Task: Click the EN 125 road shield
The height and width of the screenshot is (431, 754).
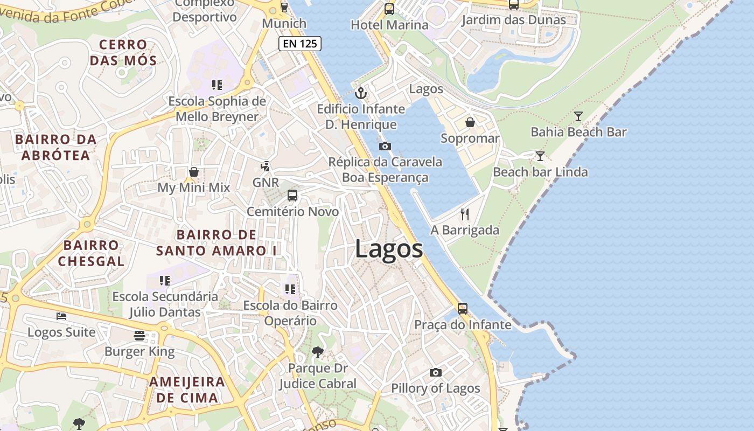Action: [x=300, y=44]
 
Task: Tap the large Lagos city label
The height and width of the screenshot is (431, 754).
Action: [x=389, y=249]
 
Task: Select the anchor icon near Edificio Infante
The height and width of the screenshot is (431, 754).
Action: [x=361, y=93]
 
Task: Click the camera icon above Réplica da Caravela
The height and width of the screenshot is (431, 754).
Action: [x=385, y=146]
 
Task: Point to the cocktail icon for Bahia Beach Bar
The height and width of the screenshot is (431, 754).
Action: [x=578, y=116]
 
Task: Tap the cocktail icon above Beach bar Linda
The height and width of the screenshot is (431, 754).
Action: [x=540, y=156]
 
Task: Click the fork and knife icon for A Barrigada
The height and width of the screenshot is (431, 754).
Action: [x=465, y=214]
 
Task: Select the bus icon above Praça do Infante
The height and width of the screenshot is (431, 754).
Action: [x=463, y=309]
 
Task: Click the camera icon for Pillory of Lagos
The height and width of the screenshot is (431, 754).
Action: [x=436, y=372]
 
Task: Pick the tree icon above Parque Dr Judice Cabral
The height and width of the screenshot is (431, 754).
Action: [x=318, y=352]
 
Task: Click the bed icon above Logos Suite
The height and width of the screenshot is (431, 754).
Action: [x=61, y=316]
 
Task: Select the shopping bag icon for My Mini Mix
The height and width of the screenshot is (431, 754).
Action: [x=193, y=172]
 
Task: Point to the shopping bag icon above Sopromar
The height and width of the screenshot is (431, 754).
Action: [x=470, y=122]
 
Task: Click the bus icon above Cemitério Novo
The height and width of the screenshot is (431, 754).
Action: [x=292, y=196]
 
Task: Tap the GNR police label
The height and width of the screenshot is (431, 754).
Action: [x=266, y=182]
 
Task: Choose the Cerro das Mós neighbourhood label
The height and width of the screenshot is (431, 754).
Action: [x=123, y=52]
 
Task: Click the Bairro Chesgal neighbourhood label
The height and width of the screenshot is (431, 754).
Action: [x=91, y=253]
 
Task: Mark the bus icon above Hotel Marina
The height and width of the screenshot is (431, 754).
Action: [x=389, y=9]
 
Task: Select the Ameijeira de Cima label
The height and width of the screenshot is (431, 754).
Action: [x=187, y=390]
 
